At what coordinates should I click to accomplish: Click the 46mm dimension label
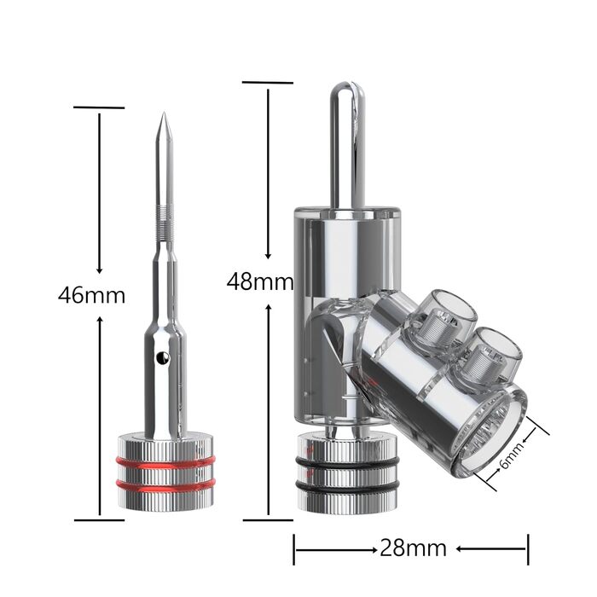91,295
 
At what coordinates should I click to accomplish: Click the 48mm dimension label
260,282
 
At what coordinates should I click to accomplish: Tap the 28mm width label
413,548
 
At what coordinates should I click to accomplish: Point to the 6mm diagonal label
512,455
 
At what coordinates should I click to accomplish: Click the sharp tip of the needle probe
164,113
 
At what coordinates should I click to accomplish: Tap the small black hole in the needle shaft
164,357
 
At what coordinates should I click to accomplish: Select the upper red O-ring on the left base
165,462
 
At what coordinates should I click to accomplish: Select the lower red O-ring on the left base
165,485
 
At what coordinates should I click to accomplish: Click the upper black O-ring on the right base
347,462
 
